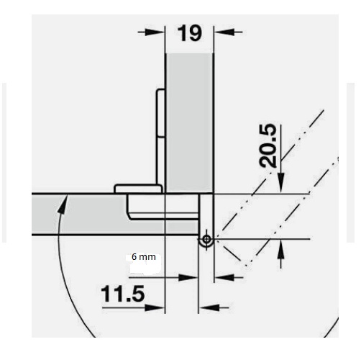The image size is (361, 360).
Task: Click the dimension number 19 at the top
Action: (189, 33)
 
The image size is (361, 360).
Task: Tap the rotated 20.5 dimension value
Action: (268, 145)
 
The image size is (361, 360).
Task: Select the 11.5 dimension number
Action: (123, 294)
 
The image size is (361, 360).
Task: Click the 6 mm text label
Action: (144, 257)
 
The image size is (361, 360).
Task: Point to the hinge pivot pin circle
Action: (206, 239)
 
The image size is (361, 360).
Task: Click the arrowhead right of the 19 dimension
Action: (224, 32)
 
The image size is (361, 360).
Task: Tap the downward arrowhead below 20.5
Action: (281, 183)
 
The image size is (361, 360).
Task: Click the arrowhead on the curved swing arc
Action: (63, 204)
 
